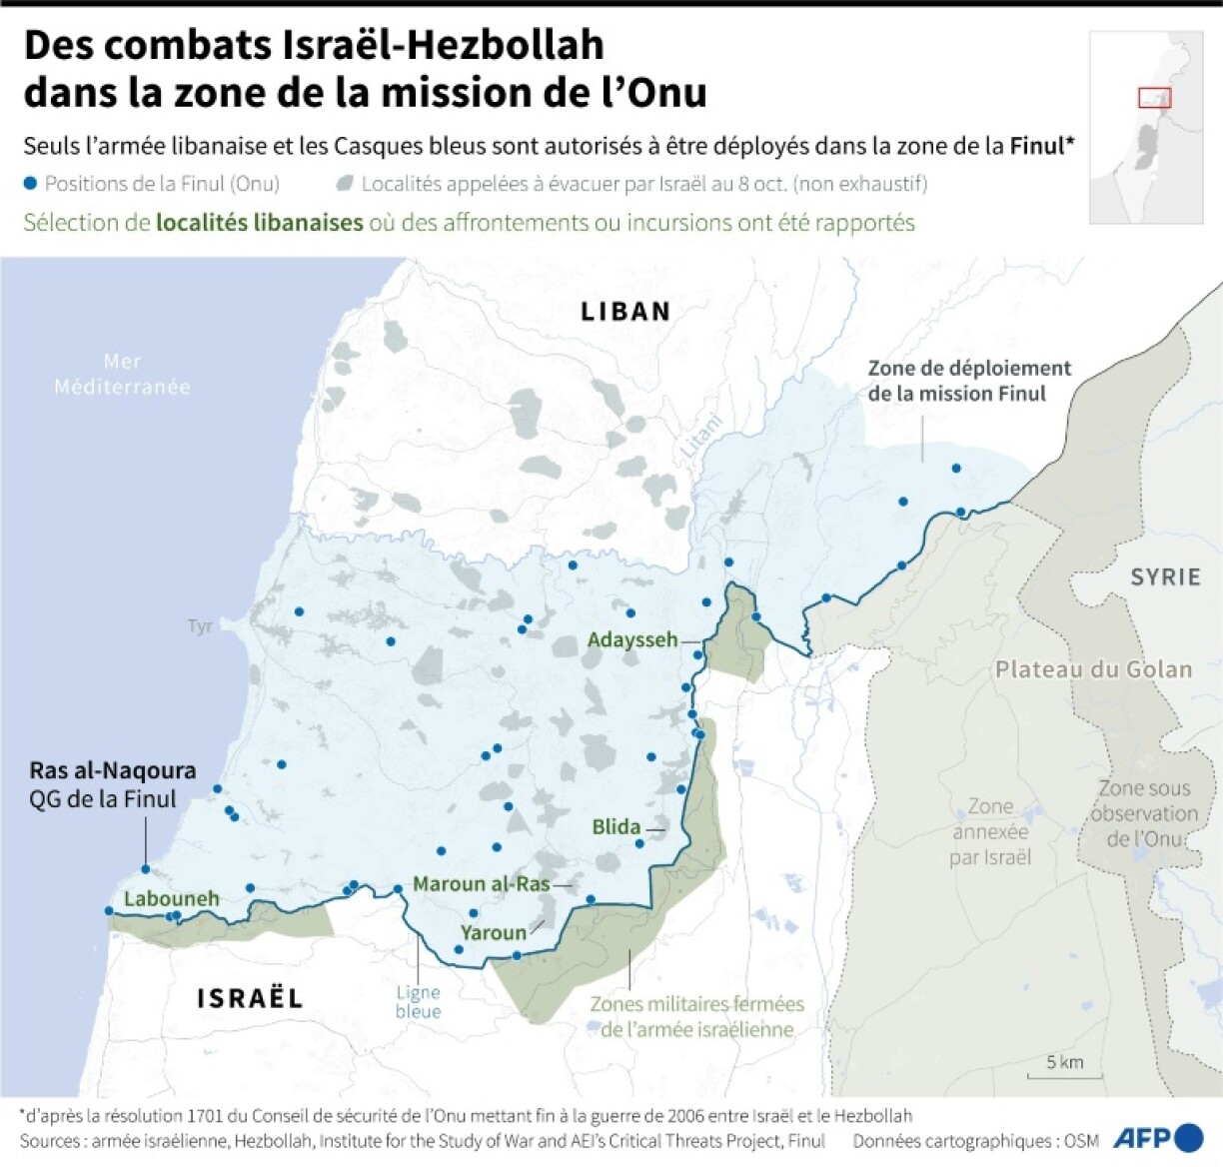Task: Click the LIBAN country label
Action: pos(625,312)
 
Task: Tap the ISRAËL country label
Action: pos(250,998)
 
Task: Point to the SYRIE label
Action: pos(1165,578)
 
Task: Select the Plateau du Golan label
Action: pos(1093,669)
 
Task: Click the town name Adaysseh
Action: pos(632,639)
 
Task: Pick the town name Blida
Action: pos(616,826)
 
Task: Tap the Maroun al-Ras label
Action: pos(482,883)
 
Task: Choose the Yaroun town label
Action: pos(494,932)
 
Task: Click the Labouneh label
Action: pos(171,898)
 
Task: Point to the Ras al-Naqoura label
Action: pos(112,770)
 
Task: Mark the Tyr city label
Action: pos(200,626)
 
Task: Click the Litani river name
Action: pos(701,436)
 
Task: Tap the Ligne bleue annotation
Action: pos(418,1001)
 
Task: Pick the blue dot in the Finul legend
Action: pos(31,184)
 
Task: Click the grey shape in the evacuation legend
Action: pos(345,184)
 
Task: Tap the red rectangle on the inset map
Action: pos(1154,98)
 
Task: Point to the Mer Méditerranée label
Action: pos(122,374)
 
